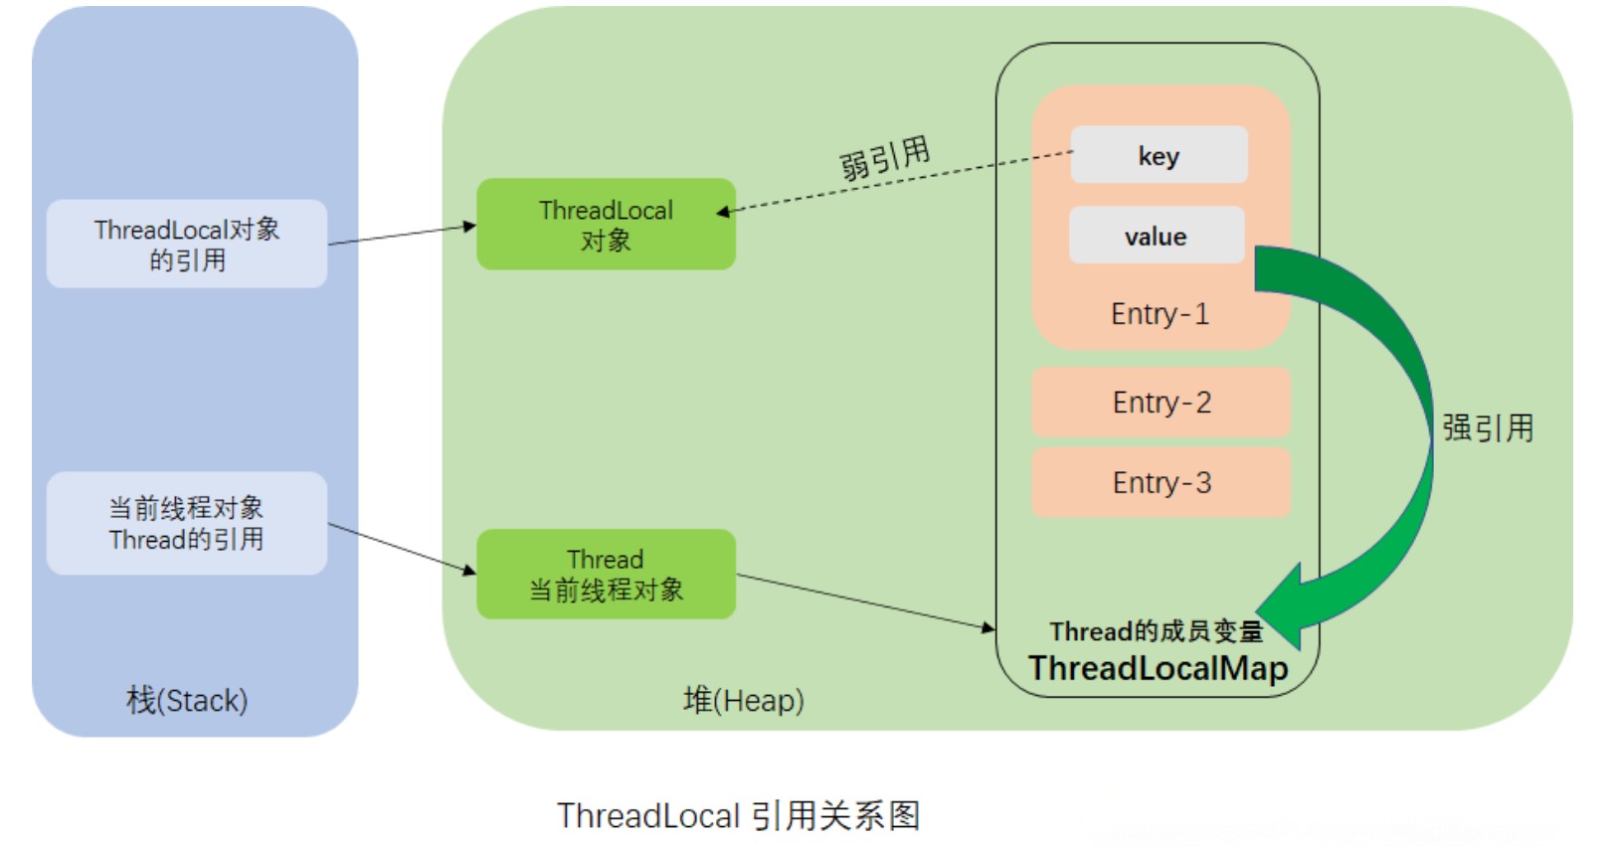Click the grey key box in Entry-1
[1159, 155]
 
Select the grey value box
[1156, 236]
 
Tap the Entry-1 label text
[1160, 314]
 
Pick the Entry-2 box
[1161, 403]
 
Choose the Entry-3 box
[1161, 483]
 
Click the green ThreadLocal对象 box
[606, 225]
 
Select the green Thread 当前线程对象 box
[606, 575]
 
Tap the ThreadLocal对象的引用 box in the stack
[187, 245]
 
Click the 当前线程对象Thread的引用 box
[187, 524]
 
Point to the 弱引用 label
[884, 158]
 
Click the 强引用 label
[1488, 428]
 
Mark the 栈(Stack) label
[187, 701]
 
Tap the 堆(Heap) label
[743, 701]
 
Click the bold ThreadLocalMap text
[1158, 668]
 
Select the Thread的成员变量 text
[1156, 631]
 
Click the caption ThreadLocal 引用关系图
[738, 816]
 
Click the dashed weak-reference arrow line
[895, 182]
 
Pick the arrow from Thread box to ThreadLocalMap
[865, 601]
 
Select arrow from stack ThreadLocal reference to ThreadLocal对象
[403, 235]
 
